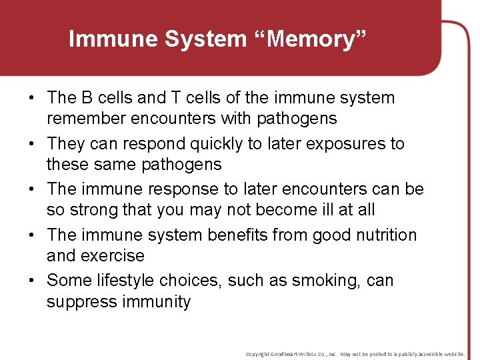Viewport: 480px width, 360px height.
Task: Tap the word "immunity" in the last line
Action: (x=156, y=302)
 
